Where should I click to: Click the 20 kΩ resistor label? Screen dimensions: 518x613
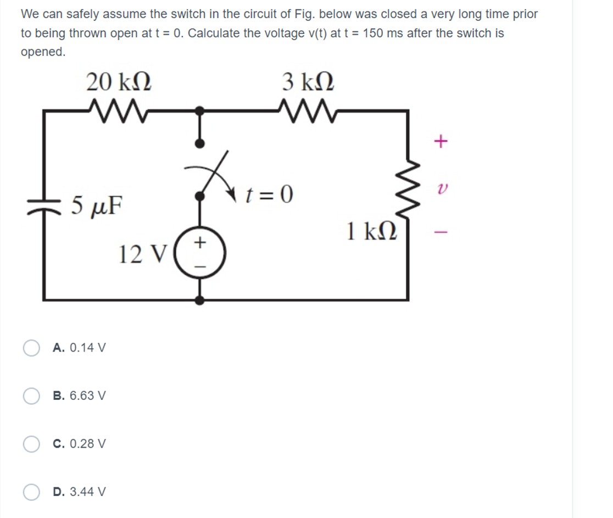click(119, 82)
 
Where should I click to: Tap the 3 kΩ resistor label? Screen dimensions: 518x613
click(308, 82)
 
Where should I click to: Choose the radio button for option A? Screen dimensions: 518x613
click(31, 348)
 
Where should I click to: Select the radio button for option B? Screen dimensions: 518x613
click(31, 396)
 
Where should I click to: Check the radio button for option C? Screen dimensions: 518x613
click(31, 443)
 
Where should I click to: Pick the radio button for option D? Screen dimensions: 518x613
click(31, 491)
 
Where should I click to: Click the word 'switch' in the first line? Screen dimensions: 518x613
click(209, 14)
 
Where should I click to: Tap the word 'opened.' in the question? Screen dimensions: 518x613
click(43, 52)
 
